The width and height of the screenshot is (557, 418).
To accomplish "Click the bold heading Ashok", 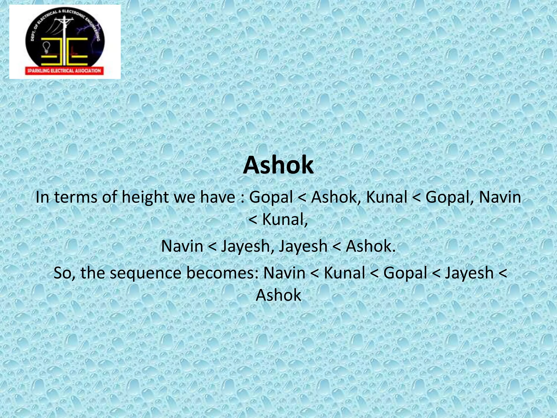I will (x=278, y=165).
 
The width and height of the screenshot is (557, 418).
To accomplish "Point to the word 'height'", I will (x=145, y=198).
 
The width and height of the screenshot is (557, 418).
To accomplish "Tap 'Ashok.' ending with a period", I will (x=370, y=246).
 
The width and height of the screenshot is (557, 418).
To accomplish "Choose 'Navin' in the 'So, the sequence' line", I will (x=284, y=273).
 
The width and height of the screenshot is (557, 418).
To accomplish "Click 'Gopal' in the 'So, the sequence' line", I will (x=405, y=273).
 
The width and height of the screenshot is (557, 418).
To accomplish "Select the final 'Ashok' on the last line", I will (x=278, y=295).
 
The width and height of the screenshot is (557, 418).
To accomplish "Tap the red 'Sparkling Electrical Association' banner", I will (x=64, y=71).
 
